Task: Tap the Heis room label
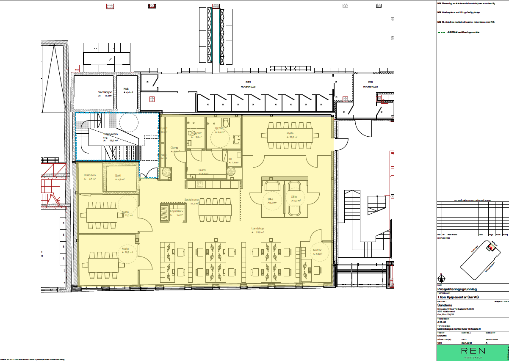126,88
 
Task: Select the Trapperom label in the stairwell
110,134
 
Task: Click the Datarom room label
89,175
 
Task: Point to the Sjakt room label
119,175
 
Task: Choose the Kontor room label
318,250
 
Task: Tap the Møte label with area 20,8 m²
125,248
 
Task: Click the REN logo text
470,351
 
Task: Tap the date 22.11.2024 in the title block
467,343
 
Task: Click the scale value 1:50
440,343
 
